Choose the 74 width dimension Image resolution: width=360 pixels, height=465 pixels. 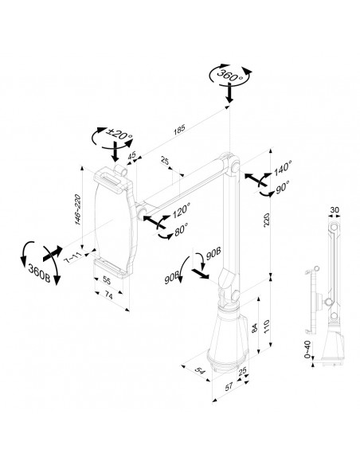pyautogui.click(x=109, y=295)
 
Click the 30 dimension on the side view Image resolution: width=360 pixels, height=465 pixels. pyautogui.click(x=334, y=210)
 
